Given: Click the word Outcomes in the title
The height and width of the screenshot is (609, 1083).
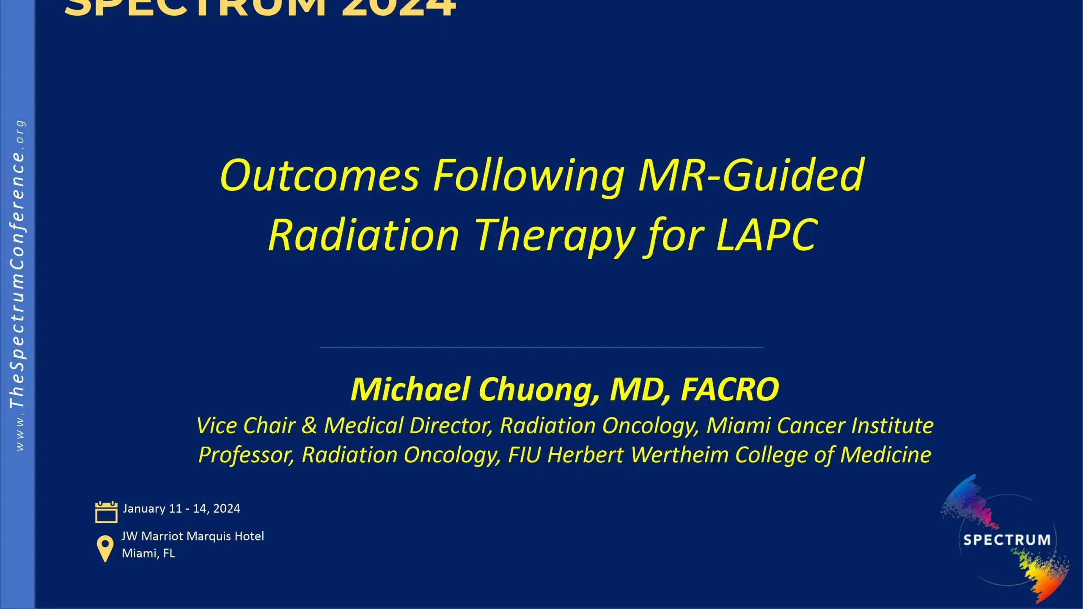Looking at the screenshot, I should (x=319, y=175).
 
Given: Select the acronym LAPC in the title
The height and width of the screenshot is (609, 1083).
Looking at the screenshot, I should (x=766, y=235).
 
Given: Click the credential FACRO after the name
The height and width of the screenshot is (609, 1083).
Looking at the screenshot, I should (x=729, y=390).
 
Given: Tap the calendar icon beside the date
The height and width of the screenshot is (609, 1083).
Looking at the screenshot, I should (x=106, y=512).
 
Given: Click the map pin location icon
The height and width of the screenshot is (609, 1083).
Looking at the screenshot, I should (x=105, y=549).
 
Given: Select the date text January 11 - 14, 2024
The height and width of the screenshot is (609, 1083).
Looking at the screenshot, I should (x=181, y=508).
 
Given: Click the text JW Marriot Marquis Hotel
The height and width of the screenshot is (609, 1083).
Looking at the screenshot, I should (x=192, y=536).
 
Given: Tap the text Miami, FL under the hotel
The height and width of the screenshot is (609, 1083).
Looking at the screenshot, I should (x=148, y=553).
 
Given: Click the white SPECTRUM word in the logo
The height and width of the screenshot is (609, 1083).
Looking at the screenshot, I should (x=1006, y=540).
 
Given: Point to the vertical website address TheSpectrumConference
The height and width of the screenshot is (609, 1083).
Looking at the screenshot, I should (x=18, y=279).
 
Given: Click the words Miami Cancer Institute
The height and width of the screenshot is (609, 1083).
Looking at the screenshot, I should (x=819, y=425).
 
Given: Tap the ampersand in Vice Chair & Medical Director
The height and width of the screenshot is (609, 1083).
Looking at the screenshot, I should (x=309, y=425).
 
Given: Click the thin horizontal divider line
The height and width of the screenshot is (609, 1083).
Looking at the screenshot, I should (x=541, y=348).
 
